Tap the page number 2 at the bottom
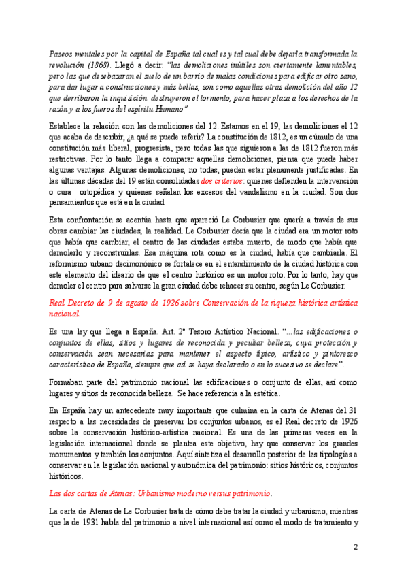pyautogui.click(x=354, y=546)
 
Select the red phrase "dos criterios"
pyautogui.click(x=222, y=182)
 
